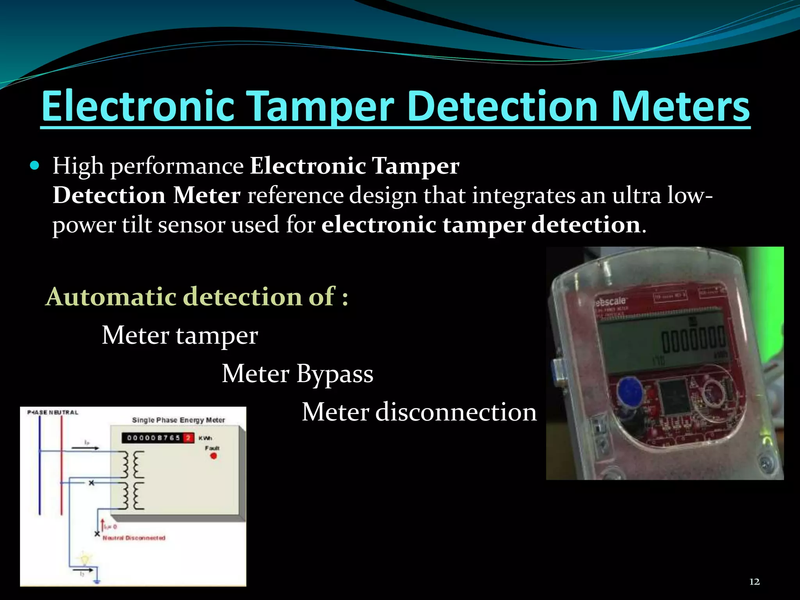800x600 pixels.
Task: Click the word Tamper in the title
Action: click(320, 106)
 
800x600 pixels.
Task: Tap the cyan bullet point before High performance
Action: click(35, 166)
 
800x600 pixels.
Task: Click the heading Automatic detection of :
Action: click(197, 296)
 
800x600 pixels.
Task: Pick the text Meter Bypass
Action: click(297, 373)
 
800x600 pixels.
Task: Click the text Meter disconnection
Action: click(419, 412)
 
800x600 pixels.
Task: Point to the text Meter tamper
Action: click(180, 335)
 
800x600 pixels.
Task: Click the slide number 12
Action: click(754, 582)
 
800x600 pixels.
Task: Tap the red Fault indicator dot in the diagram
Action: click(213, 456)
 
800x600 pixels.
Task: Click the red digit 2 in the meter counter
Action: click(189, 438)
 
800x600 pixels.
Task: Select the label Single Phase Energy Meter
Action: click(178, 420)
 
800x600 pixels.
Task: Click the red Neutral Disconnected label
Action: click(134, 538)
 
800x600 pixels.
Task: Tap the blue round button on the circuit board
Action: click(629, 391)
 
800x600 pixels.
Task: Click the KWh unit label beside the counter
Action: click(205, 438)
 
